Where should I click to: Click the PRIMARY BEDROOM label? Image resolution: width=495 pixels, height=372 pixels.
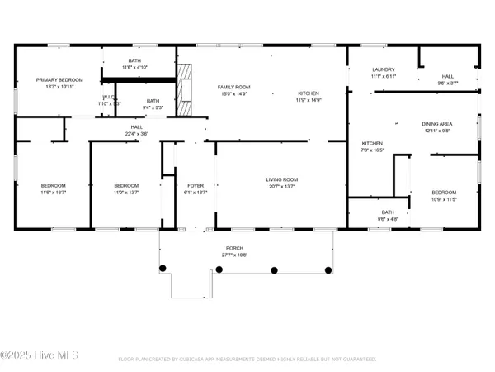(56, 80)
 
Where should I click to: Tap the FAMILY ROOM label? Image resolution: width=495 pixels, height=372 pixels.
(234, 87)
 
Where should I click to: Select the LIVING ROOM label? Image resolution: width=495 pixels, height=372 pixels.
(281, 179)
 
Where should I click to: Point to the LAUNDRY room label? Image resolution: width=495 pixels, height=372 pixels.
(384, 69)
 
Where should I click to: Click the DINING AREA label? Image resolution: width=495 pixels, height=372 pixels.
(437, 123)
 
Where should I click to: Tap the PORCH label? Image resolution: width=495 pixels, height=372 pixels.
(235, 248)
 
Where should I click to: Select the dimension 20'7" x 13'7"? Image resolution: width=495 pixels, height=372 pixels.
(281, 187)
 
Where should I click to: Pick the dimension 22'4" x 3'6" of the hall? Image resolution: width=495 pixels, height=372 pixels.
(137, 133)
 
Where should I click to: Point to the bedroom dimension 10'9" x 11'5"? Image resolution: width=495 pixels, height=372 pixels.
(444, 199)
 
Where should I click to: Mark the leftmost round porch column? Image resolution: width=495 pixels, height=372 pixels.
(163, 268)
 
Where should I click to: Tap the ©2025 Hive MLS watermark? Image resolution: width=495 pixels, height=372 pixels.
(40, 355)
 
